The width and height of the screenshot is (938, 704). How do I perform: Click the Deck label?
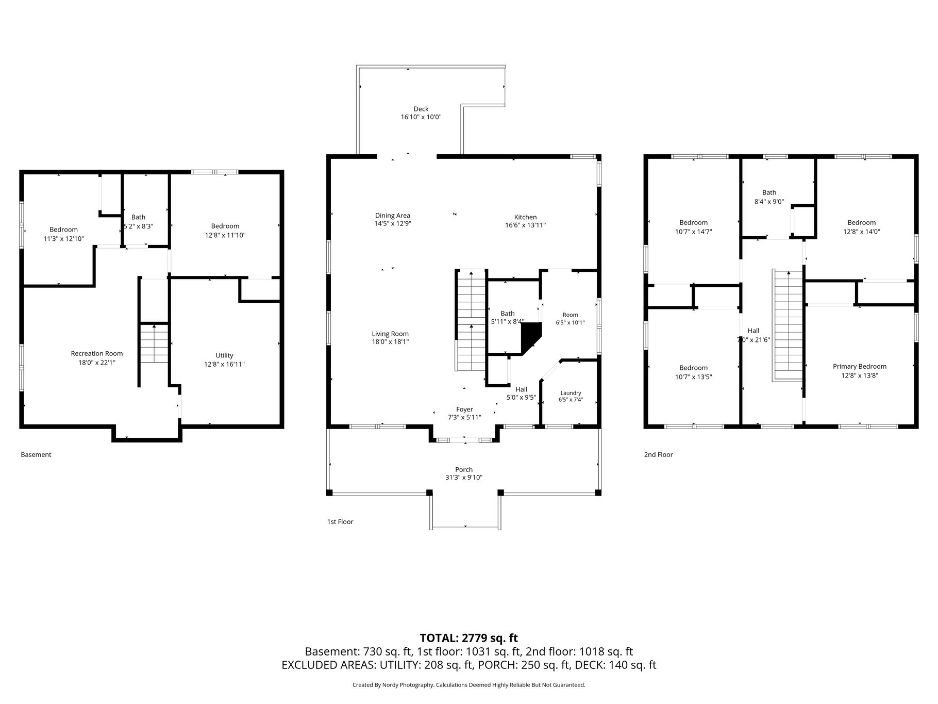tap(421, 109)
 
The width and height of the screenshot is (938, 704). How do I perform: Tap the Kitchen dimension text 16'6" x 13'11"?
tap(525, 225)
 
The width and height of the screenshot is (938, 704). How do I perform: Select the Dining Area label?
tap(393, 216)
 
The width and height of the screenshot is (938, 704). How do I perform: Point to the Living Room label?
tap(390, 334)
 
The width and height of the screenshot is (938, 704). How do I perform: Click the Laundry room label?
tap(571, 393)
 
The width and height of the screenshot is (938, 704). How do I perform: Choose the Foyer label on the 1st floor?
tap(464, 410)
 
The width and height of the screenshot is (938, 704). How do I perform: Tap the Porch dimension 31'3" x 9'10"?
tap(464, 478)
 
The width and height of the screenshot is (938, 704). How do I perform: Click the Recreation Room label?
tap(97, 353)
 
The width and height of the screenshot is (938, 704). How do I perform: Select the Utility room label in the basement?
tap(224, 355)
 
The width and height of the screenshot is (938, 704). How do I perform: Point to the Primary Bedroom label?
tap(860, 367)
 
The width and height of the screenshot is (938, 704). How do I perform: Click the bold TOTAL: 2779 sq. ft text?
tap(469, 638)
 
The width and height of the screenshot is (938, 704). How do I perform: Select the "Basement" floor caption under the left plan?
tap(36, 454)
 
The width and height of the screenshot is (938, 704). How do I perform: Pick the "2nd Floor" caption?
tap(658, 454)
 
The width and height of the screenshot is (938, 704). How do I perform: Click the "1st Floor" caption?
tap(340, 521)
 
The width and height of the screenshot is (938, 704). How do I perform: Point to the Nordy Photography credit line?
tap(469, 685)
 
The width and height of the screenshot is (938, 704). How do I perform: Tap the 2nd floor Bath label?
tap(769, 193)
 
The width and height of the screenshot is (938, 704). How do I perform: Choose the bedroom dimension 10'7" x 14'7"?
tap(694, 232)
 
